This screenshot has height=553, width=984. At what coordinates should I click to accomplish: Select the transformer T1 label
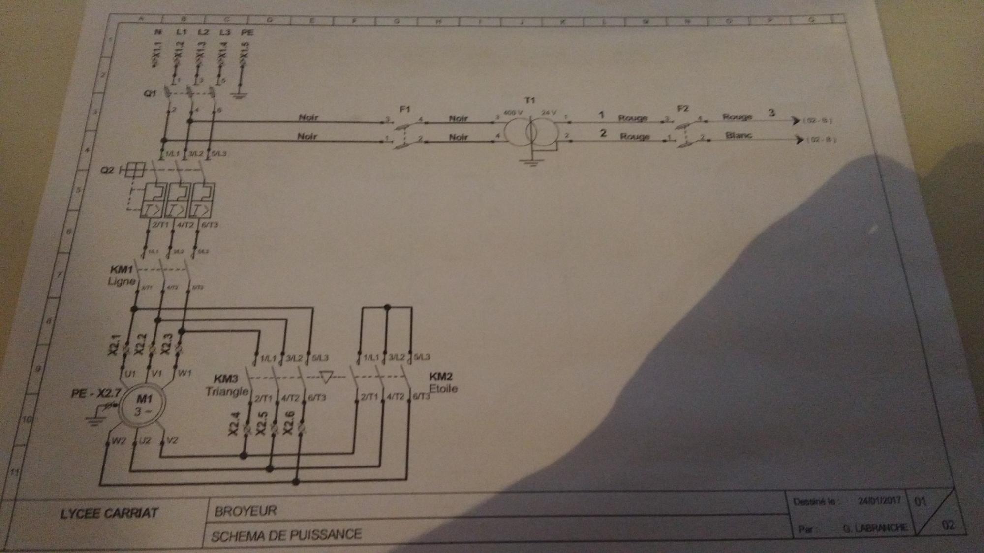pos(529,100)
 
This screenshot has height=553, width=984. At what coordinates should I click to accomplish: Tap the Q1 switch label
pos(150,93)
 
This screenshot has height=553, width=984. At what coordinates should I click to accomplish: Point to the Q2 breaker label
pos(107,170)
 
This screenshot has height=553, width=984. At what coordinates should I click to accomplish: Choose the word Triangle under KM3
pos(227,392)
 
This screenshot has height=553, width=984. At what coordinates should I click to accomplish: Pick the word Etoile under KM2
pos(443,388)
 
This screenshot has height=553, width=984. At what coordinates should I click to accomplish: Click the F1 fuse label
pos(404,109)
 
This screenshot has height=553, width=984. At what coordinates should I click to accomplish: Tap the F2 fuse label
pos(683,108)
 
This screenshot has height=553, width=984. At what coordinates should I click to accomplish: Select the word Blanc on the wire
pos(738,135)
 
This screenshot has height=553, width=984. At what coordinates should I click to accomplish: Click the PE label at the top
pos(247,32)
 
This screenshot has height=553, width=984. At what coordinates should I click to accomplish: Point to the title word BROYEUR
pos(246,511)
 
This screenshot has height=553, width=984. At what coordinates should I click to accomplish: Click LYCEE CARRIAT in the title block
pos(109,514)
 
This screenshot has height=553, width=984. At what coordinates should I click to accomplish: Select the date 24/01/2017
pos(879,501)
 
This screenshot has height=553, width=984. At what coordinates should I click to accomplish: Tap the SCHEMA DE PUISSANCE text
pos(286,535)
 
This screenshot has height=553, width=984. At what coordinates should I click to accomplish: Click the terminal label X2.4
pos(234,424)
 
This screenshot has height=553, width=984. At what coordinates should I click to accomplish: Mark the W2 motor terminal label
pos(119,441)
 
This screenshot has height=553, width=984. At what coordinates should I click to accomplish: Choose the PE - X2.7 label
pos(96,393)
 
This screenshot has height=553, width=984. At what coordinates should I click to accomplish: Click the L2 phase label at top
pos(203,32)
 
